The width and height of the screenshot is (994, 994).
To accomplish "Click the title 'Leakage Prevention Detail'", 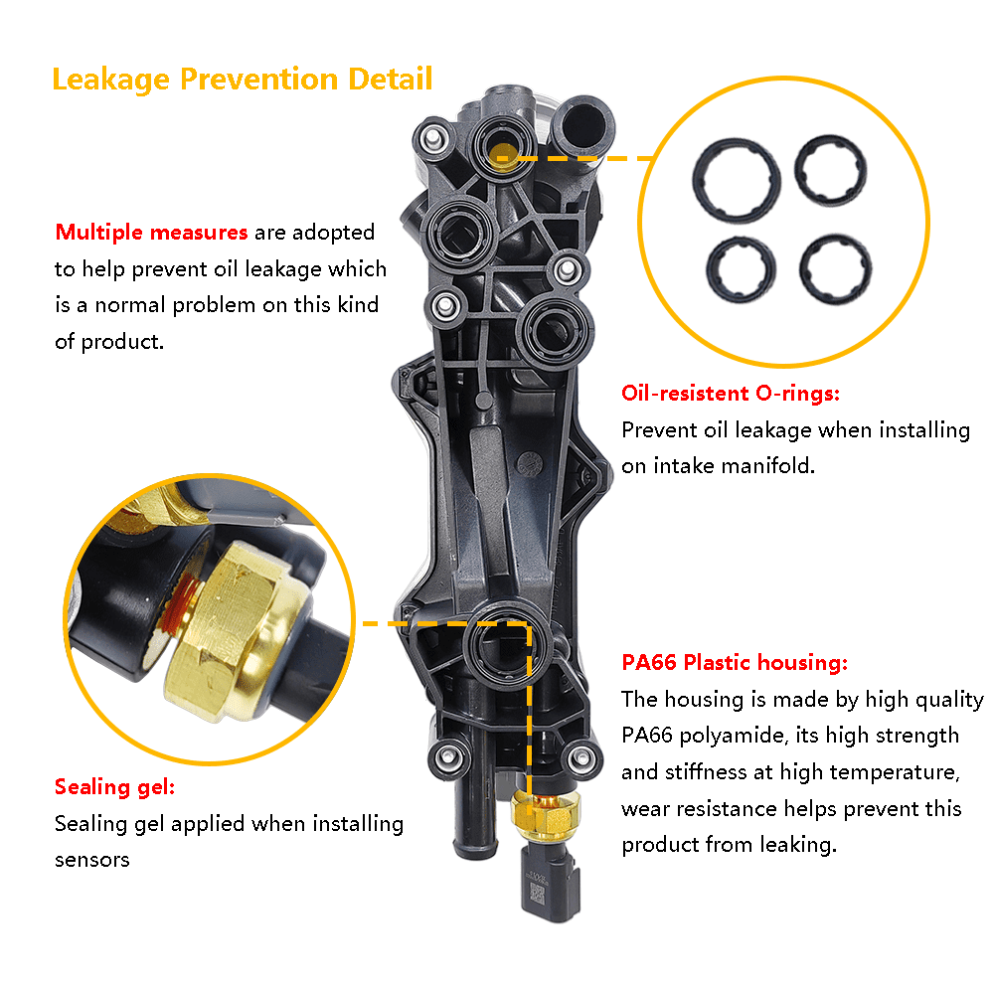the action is tap(243, 80).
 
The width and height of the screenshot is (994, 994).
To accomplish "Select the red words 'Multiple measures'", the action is tap(151, 233).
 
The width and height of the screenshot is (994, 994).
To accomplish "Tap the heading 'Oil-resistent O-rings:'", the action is tap(731, 393).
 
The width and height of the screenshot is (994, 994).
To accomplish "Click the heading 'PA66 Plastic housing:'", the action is tap(735, 662).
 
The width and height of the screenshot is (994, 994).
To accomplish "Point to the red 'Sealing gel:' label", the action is tap(114, 786).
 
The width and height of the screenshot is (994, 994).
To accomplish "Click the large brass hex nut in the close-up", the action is tap(236, 632).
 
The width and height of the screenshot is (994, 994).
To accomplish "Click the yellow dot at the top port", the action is tap(503, 157).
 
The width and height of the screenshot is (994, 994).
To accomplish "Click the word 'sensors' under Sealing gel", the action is tap(91, 860).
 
